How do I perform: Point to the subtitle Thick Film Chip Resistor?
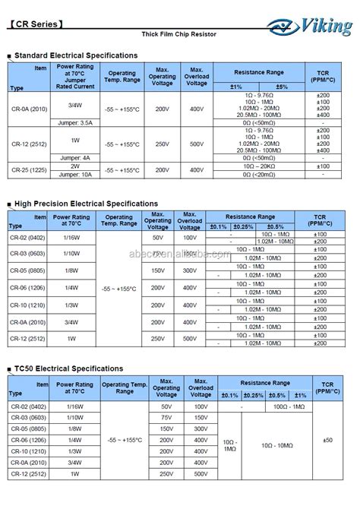(x=179, y=35)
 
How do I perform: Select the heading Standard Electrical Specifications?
(x=76, y=55)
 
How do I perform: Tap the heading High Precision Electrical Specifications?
(x=86, y=204)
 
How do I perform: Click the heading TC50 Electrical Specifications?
(x=68, y=368)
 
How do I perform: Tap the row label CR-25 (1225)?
(x=30, y=170)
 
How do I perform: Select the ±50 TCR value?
(x=327, y=440)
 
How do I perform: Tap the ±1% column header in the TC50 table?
(x=299, y=395)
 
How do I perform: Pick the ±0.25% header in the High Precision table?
(x=244, y=226)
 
